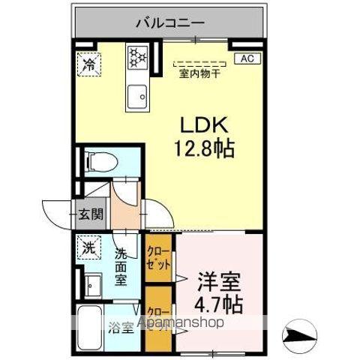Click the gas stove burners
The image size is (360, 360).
point(139,56)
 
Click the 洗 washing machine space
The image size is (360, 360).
point(89,247)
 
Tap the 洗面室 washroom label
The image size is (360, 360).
point(122,265)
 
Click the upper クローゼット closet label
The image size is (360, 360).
point(158,257)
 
